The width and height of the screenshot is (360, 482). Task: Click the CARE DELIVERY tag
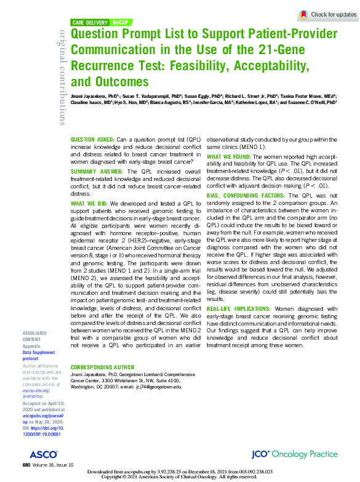click(x=92, y=22)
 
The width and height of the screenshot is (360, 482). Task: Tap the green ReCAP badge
click(x=120, y=22)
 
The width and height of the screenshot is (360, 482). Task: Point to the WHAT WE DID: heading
click(x=89, y=203)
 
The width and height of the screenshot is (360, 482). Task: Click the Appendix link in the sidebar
click(x=32, y=345)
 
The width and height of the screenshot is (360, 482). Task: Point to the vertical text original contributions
click(x=62, y=76)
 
